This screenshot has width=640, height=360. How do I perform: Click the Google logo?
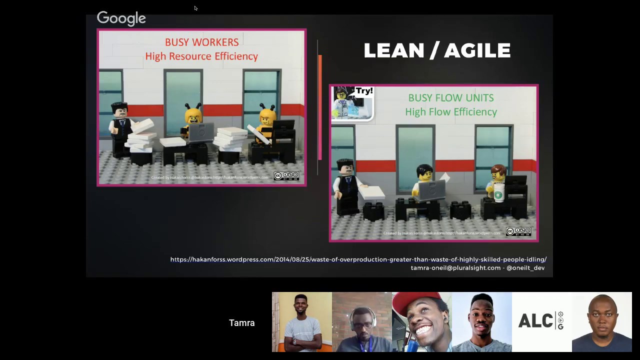121,18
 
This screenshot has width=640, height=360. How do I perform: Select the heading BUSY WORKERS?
201,42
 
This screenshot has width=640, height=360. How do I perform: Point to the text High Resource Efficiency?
201,56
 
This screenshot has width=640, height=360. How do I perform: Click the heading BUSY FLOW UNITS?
450,98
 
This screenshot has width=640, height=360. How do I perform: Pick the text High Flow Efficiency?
450,112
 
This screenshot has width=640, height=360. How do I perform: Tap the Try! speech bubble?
364,91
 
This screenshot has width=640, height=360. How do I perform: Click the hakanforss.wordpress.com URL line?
358,259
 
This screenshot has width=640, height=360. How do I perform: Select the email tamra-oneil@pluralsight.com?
455,268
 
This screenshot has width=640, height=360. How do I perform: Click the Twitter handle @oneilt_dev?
525,268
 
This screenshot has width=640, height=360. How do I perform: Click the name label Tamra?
241,323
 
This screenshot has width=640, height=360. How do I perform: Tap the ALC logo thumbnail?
541,322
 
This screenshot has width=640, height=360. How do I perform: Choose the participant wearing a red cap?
421,322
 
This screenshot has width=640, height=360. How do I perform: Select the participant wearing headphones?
361,322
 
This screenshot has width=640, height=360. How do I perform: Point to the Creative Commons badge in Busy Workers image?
286,176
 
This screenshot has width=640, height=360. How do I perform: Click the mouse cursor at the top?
195,8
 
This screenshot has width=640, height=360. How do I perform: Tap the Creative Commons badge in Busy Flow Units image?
518,231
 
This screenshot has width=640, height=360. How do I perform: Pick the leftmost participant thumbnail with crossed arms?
301,322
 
